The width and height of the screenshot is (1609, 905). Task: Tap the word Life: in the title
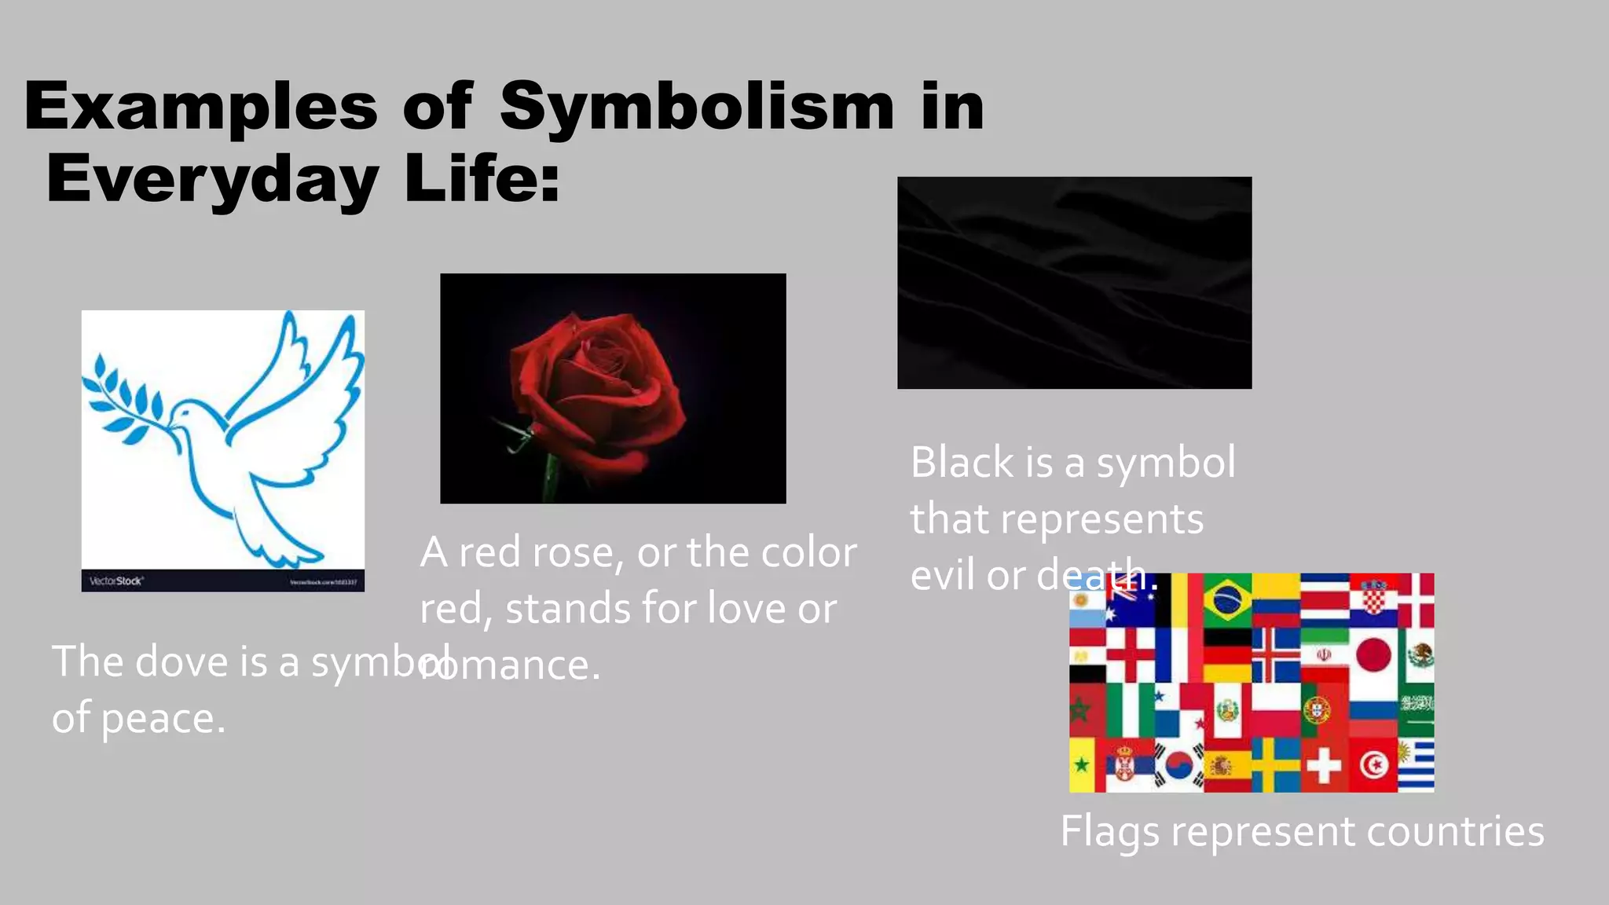click(482, 178)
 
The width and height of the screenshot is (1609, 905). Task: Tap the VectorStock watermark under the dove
click(115, 581)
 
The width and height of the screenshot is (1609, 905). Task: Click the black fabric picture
click(1074, 283)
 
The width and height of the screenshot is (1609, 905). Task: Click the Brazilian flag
click(1226, 600)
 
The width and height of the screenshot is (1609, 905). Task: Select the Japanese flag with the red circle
click(1373, 654)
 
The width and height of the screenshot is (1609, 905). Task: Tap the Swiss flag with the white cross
click(1324, 764)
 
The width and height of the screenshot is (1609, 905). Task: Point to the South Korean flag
click(1178, 764)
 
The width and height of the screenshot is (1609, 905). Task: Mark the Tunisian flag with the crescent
click(1373, 764)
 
